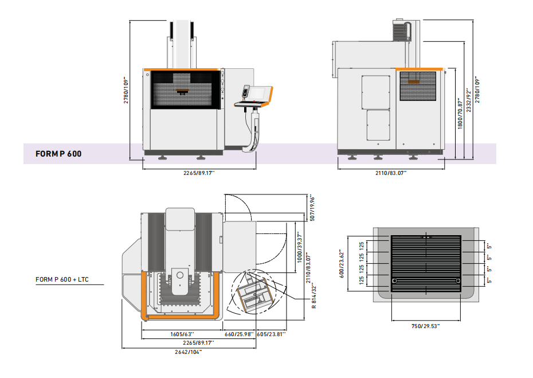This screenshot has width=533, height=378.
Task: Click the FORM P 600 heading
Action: point(58,154)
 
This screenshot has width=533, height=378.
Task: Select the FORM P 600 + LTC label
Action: point(62,280)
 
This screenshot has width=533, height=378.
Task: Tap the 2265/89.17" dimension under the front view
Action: point(182,173)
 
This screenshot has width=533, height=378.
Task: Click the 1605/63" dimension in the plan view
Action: point(182,334)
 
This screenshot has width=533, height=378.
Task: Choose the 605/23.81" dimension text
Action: point(271,334)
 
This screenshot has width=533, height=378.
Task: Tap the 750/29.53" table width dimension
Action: point(426,326)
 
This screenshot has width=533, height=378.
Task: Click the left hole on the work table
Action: point(395,280)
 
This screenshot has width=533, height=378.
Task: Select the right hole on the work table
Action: point(457,280)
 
